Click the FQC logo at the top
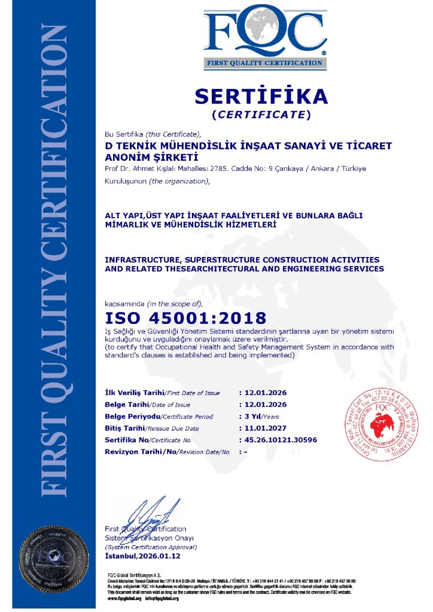[265, 36]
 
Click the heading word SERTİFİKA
[262, 96]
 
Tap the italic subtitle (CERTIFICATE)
[262, 114]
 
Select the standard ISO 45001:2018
[185, 318]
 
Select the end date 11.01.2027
[264, 428]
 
